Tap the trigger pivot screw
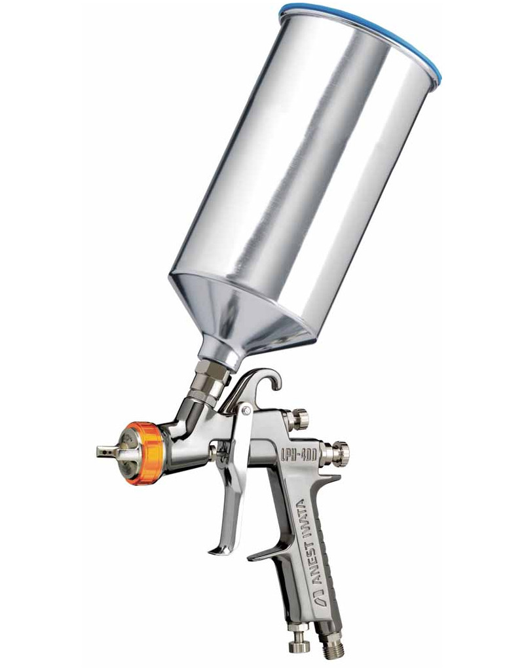click(x=245, y=411)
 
